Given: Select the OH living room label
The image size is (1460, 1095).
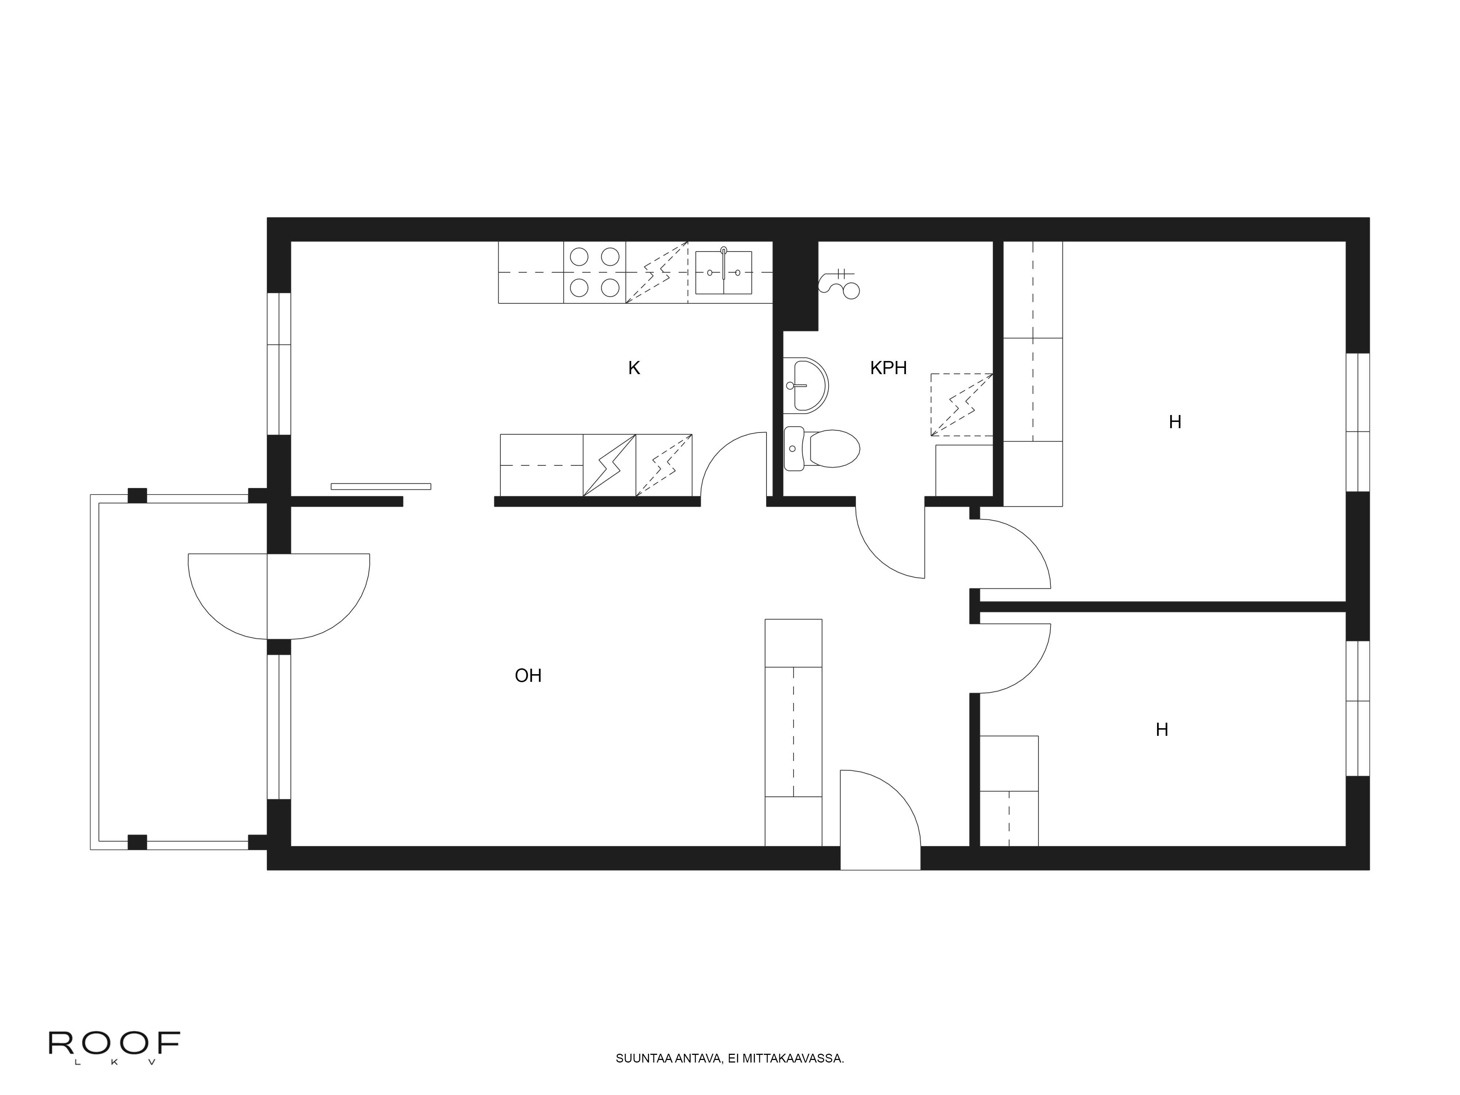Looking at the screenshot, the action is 528,676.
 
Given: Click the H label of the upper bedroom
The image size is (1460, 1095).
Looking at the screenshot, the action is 1175,422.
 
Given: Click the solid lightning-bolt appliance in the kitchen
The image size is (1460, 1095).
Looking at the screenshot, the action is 609,465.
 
